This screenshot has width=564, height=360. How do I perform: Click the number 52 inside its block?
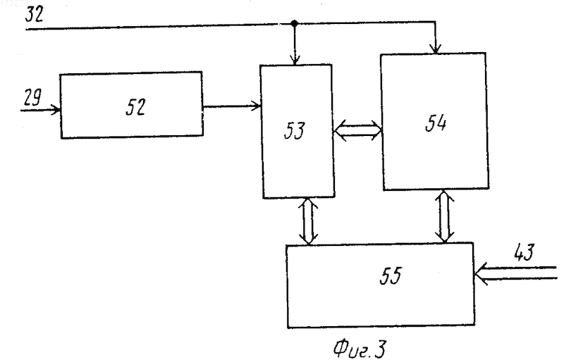tap(135, 106)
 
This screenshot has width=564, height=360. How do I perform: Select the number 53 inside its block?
tap(294, 130)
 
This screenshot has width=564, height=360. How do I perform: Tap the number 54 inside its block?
tap(436, 123)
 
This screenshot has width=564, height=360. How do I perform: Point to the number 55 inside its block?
tap(391, 276)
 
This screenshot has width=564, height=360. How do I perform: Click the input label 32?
tap(34, 14)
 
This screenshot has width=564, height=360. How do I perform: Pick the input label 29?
tap(32, 97)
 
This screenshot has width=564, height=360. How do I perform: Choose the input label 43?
tap(524, 252)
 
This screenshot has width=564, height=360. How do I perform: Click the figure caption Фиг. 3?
tap(360, 348)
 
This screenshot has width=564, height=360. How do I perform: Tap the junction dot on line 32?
tap(294, 24)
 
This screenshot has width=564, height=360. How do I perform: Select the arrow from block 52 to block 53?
tap(232, 106)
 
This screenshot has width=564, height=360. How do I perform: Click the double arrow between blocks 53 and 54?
tap(357, 130)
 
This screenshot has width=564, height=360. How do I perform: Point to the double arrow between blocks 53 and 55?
tap(309, 221)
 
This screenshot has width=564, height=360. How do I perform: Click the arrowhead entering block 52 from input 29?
tap(56, 110)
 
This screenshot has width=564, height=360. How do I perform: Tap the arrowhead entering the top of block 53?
tap(295, 61)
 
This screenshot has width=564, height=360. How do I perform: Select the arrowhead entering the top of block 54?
tap(436, 49)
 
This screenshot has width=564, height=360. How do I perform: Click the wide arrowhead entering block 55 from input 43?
tap(481, 274)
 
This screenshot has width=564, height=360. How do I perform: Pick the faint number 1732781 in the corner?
tap(17, 4)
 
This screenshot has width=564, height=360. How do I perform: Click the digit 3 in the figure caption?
tap(380, 348)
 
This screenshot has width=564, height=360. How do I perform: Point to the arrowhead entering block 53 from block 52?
tap(256, 106)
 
